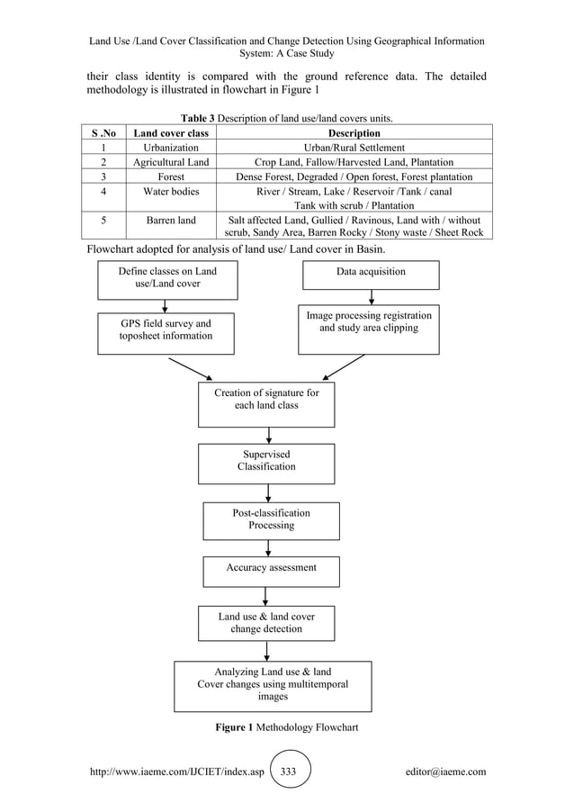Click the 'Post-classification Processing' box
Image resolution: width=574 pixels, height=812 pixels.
271,520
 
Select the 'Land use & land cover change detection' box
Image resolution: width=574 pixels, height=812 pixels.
266,623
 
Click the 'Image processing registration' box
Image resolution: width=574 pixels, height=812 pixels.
369,329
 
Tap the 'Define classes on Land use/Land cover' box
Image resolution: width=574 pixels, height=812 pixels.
167,279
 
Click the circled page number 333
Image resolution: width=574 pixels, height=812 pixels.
290,771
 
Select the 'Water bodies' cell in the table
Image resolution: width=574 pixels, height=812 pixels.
171,192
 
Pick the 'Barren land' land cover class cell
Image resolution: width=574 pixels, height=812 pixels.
171,221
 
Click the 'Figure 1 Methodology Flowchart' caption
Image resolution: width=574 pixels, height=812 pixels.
286,727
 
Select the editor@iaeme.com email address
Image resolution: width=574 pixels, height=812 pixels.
446,771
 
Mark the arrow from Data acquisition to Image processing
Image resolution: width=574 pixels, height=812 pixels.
371,297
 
